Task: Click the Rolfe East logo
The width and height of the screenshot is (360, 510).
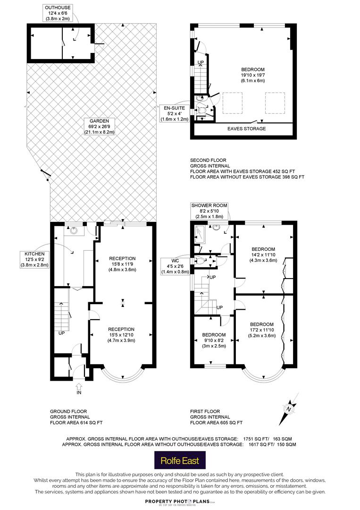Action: [x=180, y=460]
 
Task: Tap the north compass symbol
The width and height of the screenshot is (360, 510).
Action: [x=289, y=409]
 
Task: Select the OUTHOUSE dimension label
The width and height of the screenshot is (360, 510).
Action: [x=58, y=13]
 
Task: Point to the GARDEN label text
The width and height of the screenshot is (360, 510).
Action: [x=99, y=127]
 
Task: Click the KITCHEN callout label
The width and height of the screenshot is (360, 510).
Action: [x=34, y=259]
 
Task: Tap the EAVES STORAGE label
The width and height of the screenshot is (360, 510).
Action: [x=247, y=128]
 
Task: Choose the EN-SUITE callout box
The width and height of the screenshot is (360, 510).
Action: [x=174, y=113]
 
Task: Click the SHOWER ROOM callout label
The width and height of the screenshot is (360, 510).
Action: [x=209, y=211]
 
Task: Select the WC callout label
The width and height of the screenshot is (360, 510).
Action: [x=175, y=266]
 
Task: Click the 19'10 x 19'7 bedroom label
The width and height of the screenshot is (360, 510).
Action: [x=253, y=75]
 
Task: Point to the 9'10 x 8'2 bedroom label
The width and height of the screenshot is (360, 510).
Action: [x=214, y=340]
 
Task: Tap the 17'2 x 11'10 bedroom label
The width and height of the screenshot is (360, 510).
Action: [x=262, y=330]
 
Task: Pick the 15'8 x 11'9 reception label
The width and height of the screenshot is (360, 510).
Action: [x=122, y=264]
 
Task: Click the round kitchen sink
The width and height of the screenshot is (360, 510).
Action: [x=75, y=230]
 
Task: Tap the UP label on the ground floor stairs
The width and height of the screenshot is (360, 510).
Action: [x=61, y=333]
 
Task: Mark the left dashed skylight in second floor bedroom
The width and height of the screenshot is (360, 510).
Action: [x=232, y=103]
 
